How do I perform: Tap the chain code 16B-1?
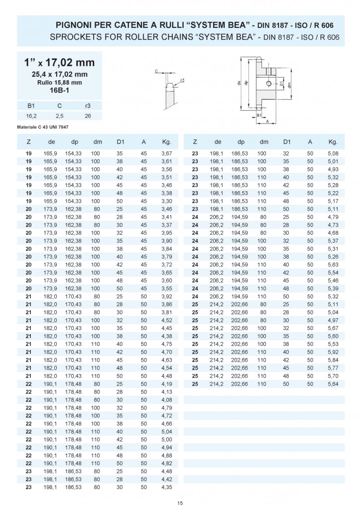coord(59,91)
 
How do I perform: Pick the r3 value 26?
coord(88,115)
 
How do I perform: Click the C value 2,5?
coord(59,115)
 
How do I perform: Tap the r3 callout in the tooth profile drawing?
coord(183,80)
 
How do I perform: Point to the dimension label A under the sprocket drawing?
coord(267,121)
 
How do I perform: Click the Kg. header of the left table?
coord(167,141)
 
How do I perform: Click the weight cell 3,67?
coord(167,153)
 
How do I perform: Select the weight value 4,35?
coord(167,486)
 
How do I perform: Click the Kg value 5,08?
coord(333,153)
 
